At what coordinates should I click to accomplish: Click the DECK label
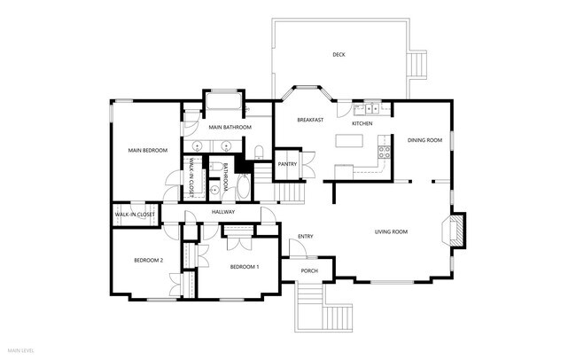coord(339,55)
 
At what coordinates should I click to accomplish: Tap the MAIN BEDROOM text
coord(148,151)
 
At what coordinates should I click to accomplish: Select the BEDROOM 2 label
coord(149,260)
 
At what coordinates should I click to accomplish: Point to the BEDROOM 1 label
coord(245,267)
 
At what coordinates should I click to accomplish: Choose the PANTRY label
coord(287,164)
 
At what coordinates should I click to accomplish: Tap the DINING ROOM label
coord(424,140)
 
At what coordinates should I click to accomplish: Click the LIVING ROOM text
coord(391,231)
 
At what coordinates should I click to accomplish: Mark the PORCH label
coord(309,270)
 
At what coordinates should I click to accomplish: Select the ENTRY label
coord(306,236)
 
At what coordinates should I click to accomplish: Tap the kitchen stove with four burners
coord(385,151)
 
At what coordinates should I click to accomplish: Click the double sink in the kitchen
coord(367,109)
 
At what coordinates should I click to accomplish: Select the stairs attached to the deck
coord(417,65)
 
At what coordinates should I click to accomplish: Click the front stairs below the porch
coord(323,308)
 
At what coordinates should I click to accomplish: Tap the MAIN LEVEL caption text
coord(20,352)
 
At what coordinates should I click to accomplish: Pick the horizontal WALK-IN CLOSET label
coord(135,215)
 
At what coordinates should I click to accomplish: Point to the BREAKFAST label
coord(309,120)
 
